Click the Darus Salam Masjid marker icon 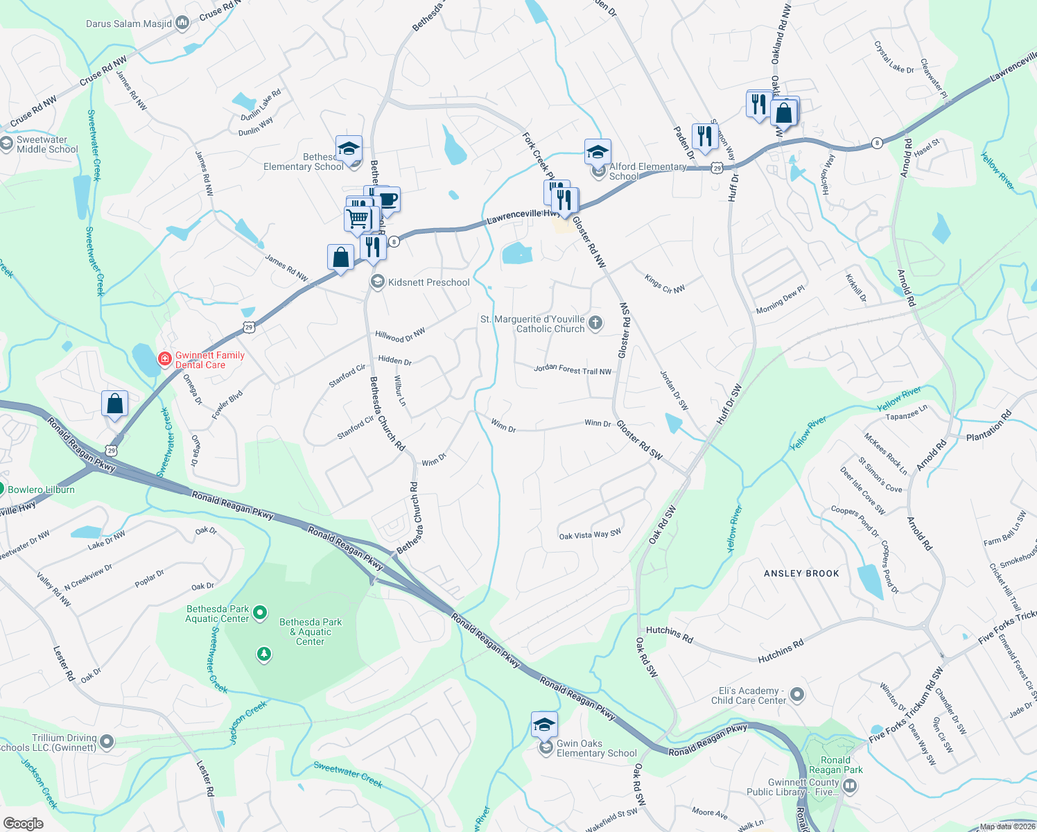pos(182,24)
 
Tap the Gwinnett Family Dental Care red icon pos(164,358)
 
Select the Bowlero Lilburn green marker pos(1,489)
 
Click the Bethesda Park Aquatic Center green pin pos(260,612)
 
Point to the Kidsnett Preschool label pos(428,282)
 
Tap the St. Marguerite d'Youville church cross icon pos(595,322)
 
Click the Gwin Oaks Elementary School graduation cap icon pos(544,725)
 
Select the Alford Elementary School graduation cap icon pos(597,151)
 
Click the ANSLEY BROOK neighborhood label pos(801,573)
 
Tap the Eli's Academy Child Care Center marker pos(797,694)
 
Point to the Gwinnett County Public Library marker pos(850,786)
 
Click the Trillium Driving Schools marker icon pos(107,743)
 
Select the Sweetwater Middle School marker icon pos(7,144)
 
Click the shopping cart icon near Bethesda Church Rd pos(358,218)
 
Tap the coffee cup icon pos(387,200)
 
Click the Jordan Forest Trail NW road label pos(573,370)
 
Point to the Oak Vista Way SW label pos(590,535)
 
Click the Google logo pos(23,824)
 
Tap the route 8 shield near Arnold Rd pos(878,143)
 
